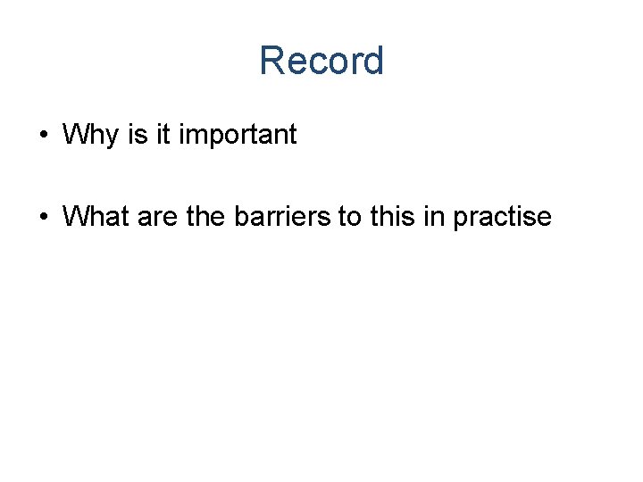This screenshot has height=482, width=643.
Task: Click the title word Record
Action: tap(321, 62)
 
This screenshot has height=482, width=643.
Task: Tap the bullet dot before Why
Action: tap(43, 137)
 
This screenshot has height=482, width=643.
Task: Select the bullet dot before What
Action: tap(43, 217)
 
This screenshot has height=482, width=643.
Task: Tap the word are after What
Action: tap(159, 217)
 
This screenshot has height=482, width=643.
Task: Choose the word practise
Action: tap(502, 217)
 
